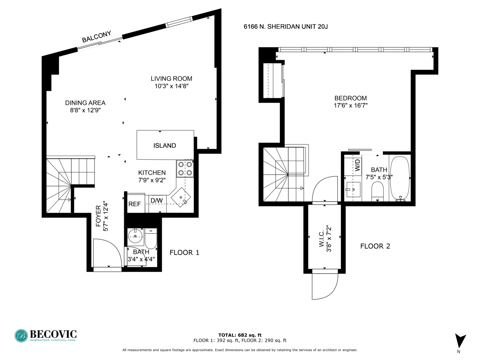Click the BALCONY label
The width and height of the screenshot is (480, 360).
(x=96, y=37)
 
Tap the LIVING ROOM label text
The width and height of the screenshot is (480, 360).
(x=171, y=78)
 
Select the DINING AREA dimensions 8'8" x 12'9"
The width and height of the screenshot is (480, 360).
(x=85, y=110)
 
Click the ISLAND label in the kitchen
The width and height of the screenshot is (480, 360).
(x=165, y=146)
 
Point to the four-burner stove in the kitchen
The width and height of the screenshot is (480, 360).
(x=185, y=169)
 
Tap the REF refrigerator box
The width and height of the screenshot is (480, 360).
(x=136, y=203)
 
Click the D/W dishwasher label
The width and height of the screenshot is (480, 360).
(x=157, y=200)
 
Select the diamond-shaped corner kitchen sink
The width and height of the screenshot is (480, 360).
(x=181, y=197)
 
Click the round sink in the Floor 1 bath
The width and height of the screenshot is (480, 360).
(x=135, y=236)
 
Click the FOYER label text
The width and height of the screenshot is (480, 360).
(x=98, y=216)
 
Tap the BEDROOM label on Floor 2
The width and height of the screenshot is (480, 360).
(x=351, y=98)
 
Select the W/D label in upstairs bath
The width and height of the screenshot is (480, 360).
(x=357, y=165)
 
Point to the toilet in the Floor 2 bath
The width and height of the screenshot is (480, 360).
(x=377, y=191)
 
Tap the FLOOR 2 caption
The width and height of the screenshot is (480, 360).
(x=375, y=246)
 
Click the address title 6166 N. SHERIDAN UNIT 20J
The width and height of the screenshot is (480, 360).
(x=286, y=26)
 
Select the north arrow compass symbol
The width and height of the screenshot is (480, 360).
(x=460, y=341)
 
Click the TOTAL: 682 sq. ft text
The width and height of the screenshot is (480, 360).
(x=240, y=335)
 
